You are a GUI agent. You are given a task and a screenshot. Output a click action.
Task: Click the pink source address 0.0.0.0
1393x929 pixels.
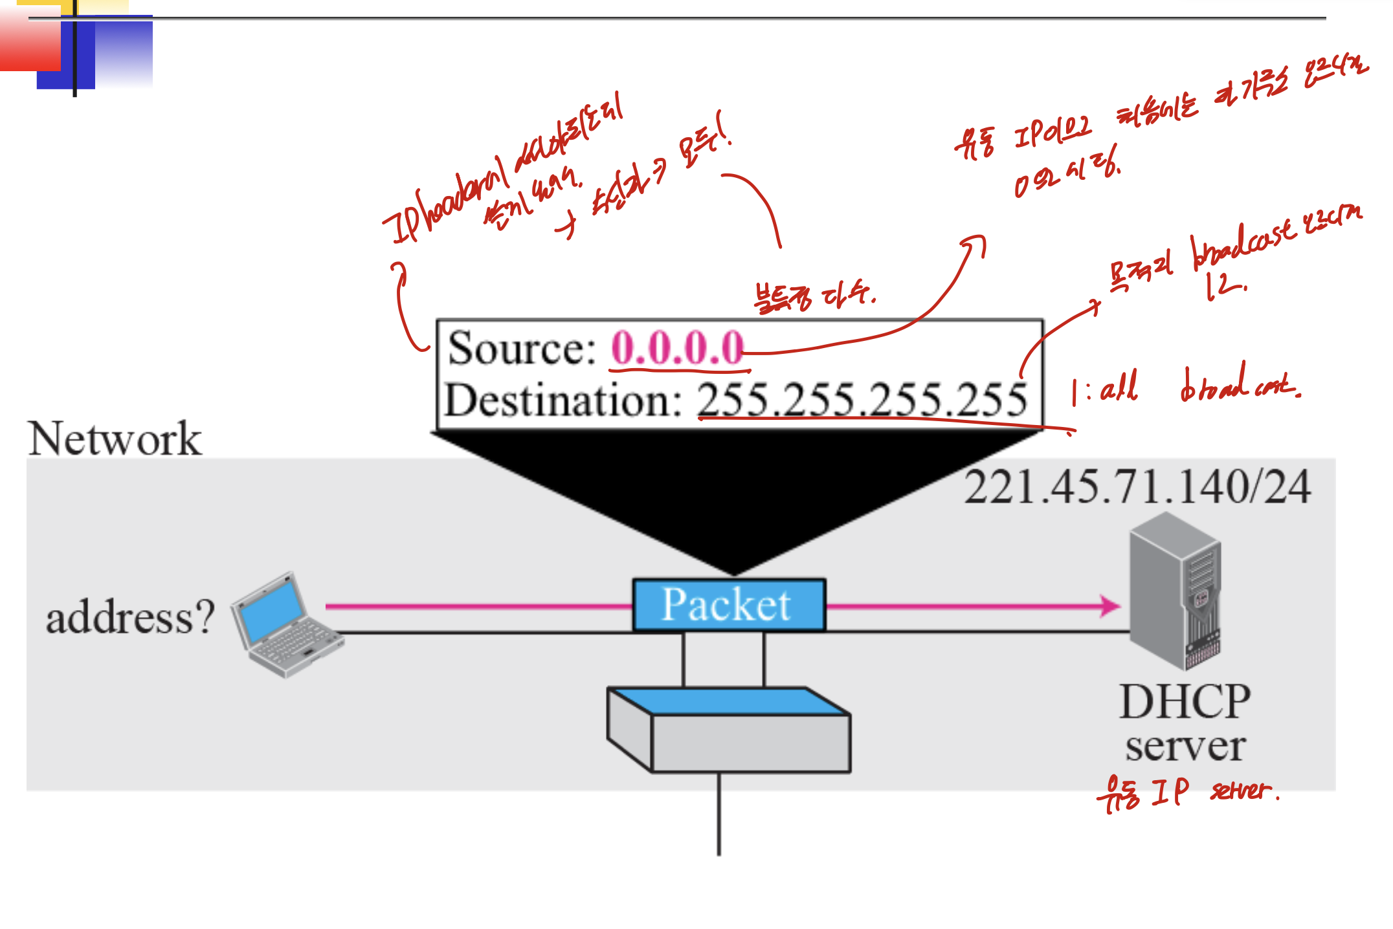(x=677, y=348)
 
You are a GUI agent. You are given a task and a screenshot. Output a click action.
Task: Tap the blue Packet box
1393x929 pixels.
(x=728, y=605)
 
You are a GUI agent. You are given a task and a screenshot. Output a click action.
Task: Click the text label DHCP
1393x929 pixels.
(x=1185, y=702)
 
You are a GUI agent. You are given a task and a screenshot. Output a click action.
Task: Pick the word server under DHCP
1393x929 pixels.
(x=1185, y=747)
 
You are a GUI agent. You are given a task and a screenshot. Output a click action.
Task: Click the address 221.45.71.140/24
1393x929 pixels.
(x=1137, y=487)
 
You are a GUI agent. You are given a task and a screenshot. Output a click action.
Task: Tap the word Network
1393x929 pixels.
(x=115, y=439)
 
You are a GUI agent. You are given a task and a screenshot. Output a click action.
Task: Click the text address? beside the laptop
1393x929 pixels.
(x=129, y=617)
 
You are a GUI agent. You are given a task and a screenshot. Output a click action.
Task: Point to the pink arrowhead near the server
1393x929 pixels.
(x=1109, y=606)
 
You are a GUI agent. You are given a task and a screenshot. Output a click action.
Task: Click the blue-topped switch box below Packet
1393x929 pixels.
(x=728, y=730)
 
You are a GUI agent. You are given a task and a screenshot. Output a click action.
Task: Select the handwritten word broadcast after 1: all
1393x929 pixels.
(x=1238, y=386)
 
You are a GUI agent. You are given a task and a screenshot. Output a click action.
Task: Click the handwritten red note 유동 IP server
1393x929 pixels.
(x=1187, y=792)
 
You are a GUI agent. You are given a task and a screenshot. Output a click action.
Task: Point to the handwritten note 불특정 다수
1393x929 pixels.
(x=814, y=297)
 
